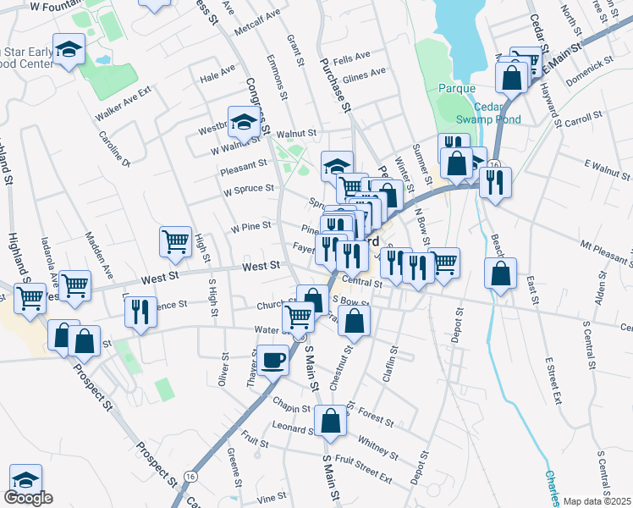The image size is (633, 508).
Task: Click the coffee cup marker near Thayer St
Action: pyautogui.click(x=272, y=359)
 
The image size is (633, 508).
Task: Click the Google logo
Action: pyautogui.click(x=28, y=497)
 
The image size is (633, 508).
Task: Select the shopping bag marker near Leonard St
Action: pyautogui.click(x=330, y=421)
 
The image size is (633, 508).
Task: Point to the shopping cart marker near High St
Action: pyautogui.click(x=175, y=241)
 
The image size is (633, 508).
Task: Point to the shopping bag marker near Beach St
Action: pyautogui.click(x=501, y=273)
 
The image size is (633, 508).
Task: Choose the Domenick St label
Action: pyautogui.click(x=589, y=63)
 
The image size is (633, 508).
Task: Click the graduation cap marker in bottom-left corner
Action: pyautogui.click(x=25, y=478)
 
